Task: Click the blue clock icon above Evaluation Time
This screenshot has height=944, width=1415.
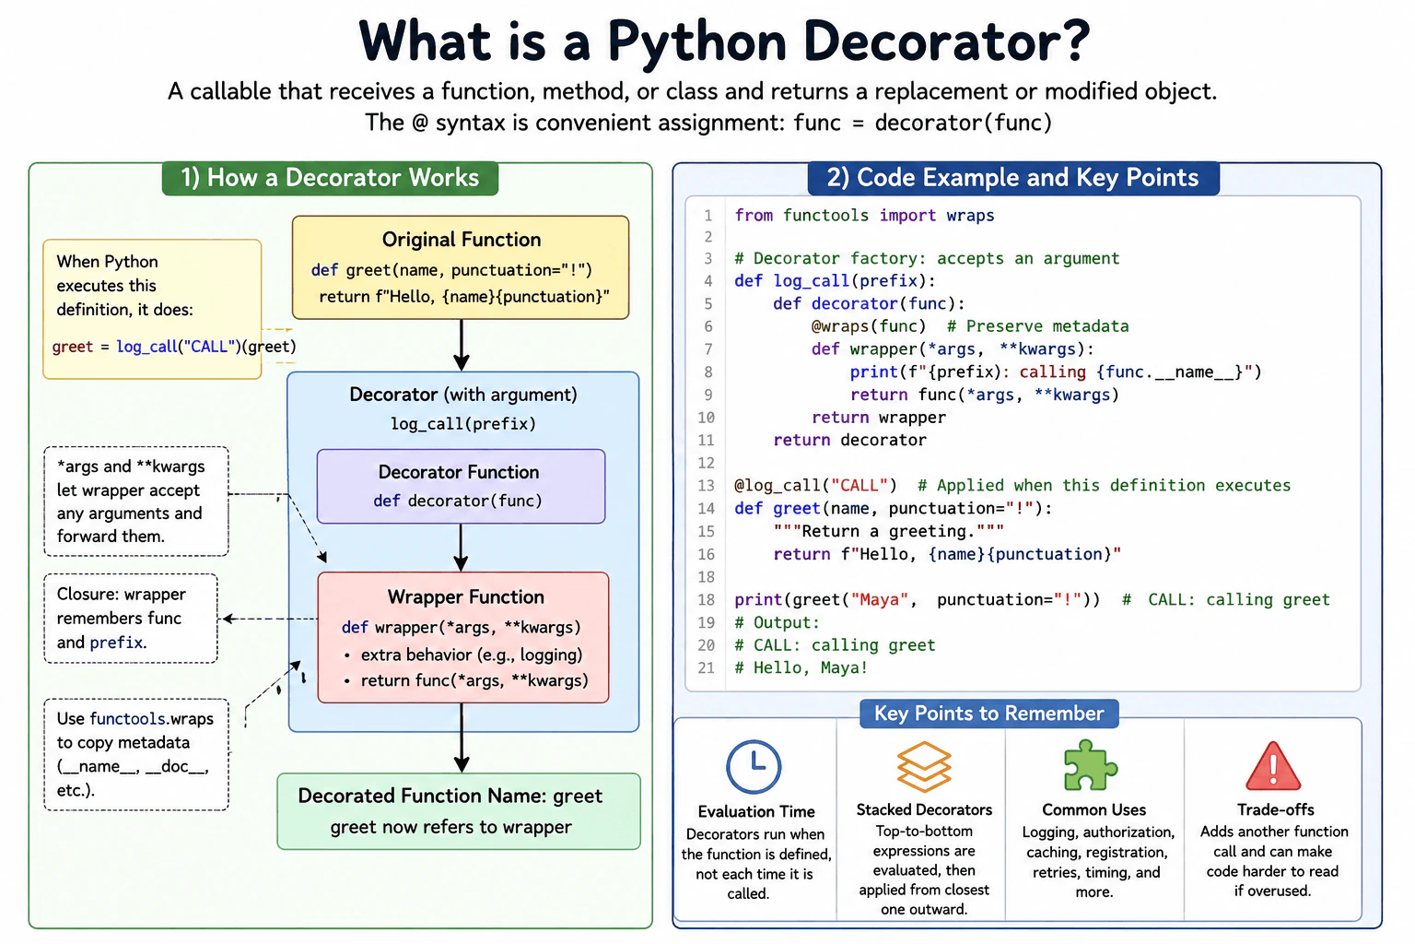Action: [x=754, y=766]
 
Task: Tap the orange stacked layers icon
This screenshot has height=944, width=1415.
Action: [x=924, y=766]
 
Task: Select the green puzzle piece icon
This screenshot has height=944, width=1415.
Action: [x=1091, y=765]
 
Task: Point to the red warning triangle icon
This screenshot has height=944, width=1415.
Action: [x=1273, y=766]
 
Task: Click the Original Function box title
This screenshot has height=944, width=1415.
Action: [x=462, y=240]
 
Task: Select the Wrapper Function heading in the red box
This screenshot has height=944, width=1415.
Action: [x=465, y=596]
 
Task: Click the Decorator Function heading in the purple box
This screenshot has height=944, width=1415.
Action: [x=459, y=472]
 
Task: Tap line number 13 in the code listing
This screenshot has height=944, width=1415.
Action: [x=706, y=486]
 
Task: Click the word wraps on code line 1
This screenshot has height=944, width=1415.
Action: [x=970, y=216]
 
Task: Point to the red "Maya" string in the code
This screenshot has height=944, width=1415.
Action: [x=880, y=599]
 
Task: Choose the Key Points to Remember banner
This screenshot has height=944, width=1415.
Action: [x=988, y=714]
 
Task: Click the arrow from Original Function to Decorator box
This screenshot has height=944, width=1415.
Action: [x=462, y=345]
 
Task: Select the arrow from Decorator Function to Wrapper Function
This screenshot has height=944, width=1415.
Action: [x=462, y=548]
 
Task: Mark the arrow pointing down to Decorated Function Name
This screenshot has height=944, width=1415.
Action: [x=462, y=737]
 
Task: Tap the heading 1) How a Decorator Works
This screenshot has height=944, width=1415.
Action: [x=330, y=178]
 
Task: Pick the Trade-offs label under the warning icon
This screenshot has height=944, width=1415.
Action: [x=1275, y=810]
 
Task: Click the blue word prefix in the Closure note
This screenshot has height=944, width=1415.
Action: [x=116, y=643]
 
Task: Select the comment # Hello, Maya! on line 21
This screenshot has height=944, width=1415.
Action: [x=801, y=668]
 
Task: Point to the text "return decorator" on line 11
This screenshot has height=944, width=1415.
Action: [x=849, y=440]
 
